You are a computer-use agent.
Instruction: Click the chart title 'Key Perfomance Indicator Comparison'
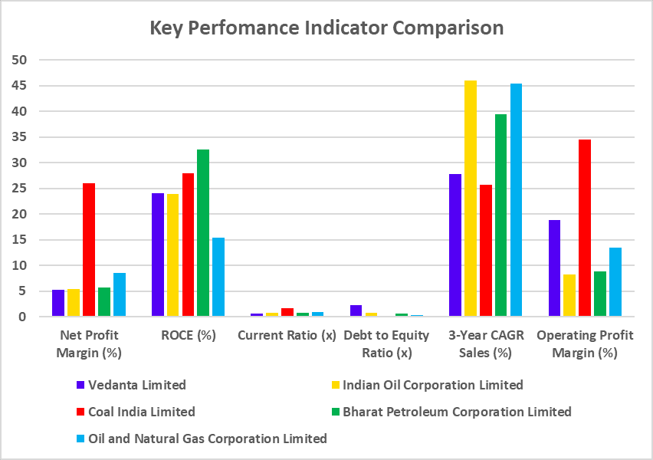[x=326, y=28]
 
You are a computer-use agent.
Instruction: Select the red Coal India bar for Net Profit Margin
[x=89, y=250]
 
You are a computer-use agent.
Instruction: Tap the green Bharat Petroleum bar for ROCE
[x=203, y=233]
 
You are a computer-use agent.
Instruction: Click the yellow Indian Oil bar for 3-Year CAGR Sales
[x=470, y=199]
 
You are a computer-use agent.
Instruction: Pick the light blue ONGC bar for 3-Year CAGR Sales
[x=516, y=200]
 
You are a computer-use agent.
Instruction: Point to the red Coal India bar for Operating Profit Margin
[x=585, y=228]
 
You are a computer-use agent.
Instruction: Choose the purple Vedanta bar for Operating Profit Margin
[x=554, y=268]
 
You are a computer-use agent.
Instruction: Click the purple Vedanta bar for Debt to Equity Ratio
[x=356, y=310]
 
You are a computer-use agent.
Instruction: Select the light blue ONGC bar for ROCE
[x=218, y=277]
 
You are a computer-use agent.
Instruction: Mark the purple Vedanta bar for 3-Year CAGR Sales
[x=455, y=245]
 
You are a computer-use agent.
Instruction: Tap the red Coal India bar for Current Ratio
[x=287, y=312]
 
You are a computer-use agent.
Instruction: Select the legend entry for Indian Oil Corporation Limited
[x=432, y=385]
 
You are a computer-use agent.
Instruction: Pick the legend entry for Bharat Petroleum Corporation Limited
[x=457, y=412]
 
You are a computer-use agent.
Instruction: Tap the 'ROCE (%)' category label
[x=188, y=336]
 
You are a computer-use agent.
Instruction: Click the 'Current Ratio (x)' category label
[x=287, y=336]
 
